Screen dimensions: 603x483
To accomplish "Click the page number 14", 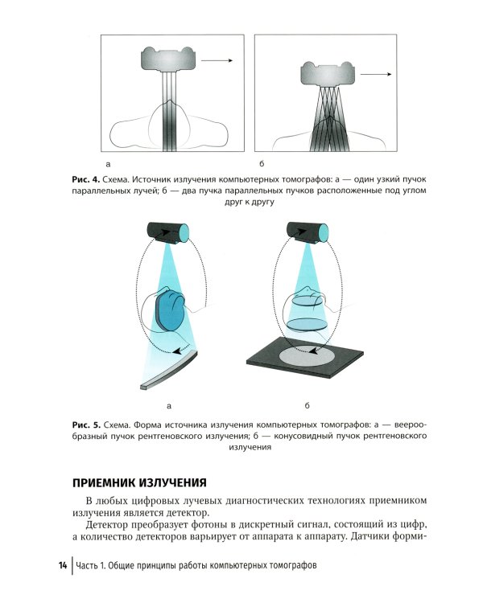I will tap(62, 565).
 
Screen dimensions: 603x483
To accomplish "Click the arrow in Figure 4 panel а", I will tap(217, 59).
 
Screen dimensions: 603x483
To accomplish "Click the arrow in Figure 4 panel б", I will tap(376, 75).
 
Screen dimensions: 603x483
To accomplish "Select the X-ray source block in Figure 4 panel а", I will tap(168, 59).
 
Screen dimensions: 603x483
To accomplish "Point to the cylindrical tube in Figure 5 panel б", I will tap(308, 232).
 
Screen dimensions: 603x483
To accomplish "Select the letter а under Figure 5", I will tap(170, 404).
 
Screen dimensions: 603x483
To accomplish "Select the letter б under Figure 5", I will tap(308, 404).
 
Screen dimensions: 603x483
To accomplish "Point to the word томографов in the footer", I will tap(287, 565).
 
